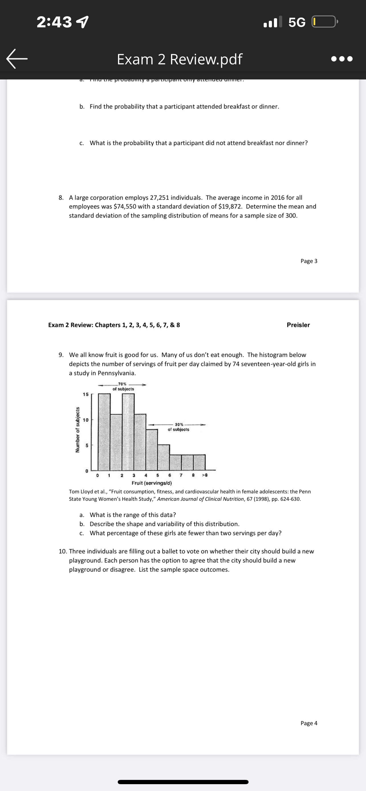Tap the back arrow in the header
[x=17, y=59]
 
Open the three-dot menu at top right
[x=342, y=59]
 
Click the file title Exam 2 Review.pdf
[x=180, y=59]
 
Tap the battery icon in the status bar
[x=324, y=22]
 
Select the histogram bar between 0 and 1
[x=104, y=432]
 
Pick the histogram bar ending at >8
[x=199, y=462]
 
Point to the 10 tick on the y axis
[x=86, y=420]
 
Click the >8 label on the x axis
[x=204, y=475]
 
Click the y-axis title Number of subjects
[x=78, y=430]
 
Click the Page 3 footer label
[x=308, y=261]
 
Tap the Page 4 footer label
[x=308, y=723]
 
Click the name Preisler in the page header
[x=298, y=325]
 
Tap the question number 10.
[x=63, y=551]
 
